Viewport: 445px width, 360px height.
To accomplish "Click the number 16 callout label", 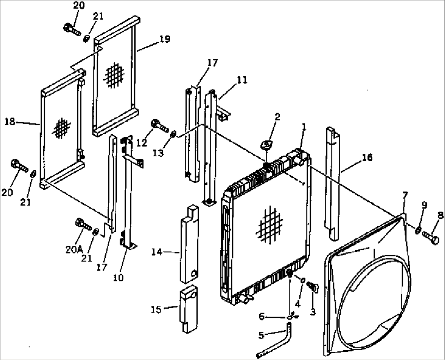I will point(367,158).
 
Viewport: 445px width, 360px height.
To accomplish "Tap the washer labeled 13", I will point(173,133).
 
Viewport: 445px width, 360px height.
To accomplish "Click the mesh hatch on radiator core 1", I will point(269,225).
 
